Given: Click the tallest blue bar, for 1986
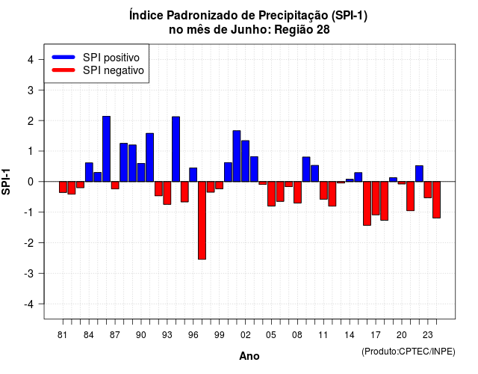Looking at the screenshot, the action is point(106,149).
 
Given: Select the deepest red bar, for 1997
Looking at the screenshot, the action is point(202,221).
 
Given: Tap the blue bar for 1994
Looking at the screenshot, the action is point(176,149).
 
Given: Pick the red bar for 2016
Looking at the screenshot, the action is point(367,203).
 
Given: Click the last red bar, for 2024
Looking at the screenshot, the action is point(436,200).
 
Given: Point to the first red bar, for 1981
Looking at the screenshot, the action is point(63,187).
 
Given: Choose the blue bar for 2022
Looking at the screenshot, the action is point(419,174).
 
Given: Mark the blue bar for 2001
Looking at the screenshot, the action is point(237,156).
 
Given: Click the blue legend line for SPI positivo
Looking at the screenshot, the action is point(63,57).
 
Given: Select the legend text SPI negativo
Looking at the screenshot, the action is point(114,70).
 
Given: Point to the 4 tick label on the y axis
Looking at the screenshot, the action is point(31,60).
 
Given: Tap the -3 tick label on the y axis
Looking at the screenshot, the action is point(29,274).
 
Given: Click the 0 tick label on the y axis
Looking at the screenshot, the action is point(31,182).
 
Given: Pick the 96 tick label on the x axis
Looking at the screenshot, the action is point(193,335).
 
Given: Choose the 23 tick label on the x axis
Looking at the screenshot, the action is point(428,335).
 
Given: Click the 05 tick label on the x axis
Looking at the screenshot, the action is point(271,335).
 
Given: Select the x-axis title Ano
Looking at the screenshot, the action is point(249,356).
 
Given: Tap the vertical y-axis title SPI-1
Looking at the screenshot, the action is point(6,182).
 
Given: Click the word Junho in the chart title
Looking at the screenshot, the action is point(251,30).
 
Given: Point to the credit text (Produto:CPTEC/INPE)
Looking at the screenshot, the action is point(409,352).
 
